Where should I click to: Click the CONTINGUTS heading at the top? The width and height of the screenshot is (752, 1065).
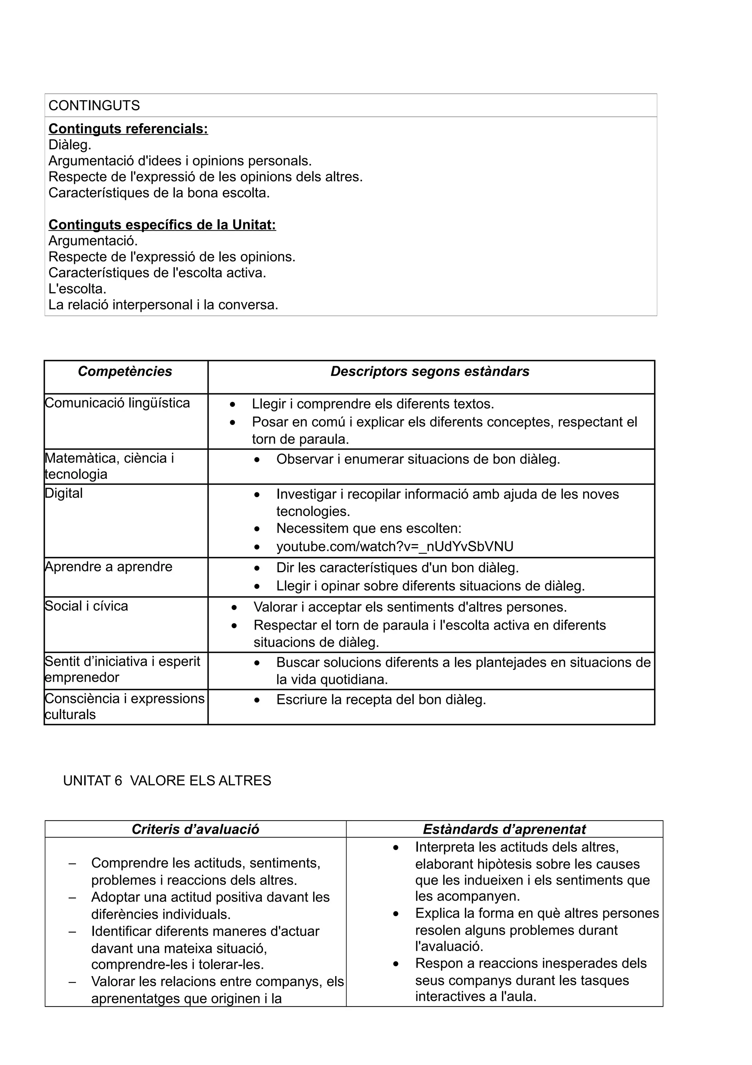(x=94, y=106)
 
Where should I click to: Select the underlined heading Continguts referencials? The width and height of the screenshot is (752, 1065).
(x=128, y=129)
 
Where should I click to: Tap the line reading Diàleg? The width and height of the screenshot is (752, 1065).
(x=69, y=145)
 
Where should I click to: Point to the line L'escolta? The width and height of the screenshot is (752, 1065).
(x=77, y=288)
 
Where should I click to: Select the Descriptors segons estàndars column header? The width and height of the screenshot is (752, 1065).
(x=430, y=371)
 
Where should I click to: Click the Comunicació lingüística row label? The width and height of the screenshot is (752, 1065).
(x=117, y=403)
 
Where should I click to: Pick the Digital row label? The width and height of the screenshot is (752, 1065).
(x=64, y=493)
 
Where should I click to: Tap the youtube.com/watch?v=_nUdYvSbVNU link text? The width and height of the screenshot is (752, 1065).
(x=395, y=546)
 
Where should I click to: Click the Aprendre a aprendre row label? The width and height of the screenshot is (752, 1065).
(x=108, y=566)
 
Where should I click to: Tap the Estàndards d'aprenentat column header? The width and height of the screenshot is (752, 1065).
(x=504, y=829)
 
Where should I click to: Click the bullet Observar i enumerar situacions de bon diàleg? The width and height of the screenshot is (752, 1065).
(x=418, y=459)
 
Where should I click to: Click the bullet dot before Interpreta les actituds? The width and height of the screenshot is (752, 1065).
(x=396, y=847)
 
